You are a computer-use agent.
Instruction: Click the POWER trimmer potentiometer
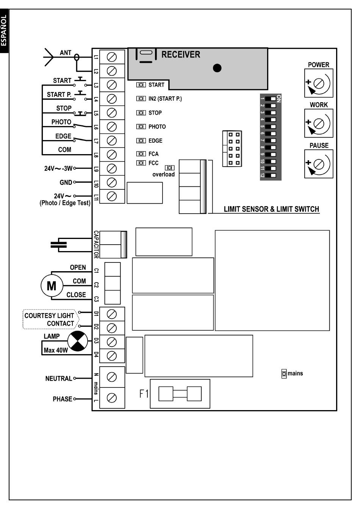coord(318,83)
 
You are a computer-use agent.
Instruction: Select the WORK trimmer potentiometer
coord(318,123)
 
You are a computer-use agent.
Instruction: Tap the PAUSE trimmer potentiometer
coord(318,164)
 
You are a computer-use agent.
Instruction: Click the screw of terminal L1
coord(112,57)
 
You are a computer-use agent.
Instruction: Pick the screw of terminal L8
coord(112,155)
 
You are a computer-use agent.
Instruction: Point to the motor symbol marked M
coord(52,286)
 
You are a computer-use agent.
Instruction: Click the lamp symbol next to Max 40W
coord(78,341)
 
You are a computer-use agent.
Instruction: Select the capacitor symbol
coord(59,245)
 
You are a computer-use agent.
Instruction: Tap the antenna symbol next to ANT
coord(49,57)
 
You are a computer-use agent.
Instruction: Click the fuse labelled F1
coord(180,394)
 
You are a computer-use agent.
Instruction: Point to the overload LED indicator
coord(169,168)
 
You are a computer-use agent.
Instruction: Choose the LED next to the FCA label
coord(141,154)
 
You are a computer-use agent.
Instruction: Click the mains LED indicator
coord(284,373)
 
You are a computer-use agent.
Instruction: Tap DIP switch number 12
coord(271,175)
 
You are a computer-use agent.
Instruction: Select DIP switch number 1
coord(271,99)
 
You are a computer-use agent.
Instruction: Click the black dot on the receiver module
coord(217,68)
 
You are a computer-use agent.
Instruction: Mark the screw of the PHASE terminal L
coord(112,398)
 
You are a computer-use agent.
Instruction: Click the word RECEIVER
coord(181,55)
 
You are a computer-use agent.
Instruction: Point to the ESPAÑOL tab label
coord(4,30)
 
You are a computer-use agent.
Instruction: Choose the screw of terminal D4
coord(112,356)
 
